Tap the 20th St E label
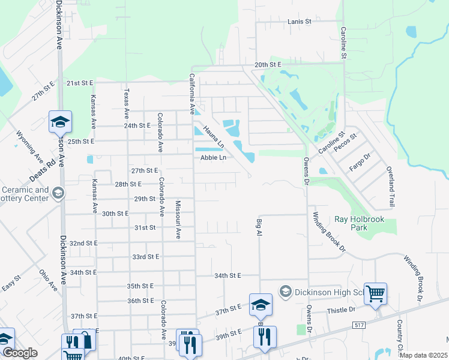268,64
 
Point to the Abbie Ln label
213,157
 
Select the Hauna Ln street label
213,136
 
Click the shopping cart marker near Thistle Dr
376,294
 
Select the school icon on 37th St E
261,304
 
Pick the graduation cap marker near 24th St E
60,122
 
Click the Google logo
20,353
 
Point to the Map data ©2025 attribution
423,355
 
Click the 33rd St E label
146,257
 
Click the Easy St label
11,283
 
